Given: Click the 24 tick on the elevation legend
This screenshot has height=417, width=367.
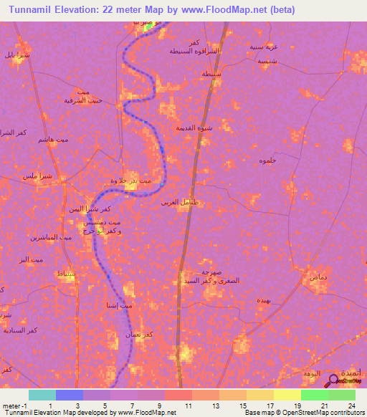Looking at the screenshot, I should pos(352,406).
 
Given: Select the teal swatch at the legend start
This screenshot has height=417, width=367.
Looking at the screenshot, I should pos(42,395).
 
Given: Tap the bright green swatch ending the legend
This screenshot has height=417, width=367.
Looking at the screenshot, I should pos(341,395).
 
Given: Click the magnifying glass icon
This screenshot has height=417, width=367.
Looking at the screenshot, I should pos(332,383).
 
